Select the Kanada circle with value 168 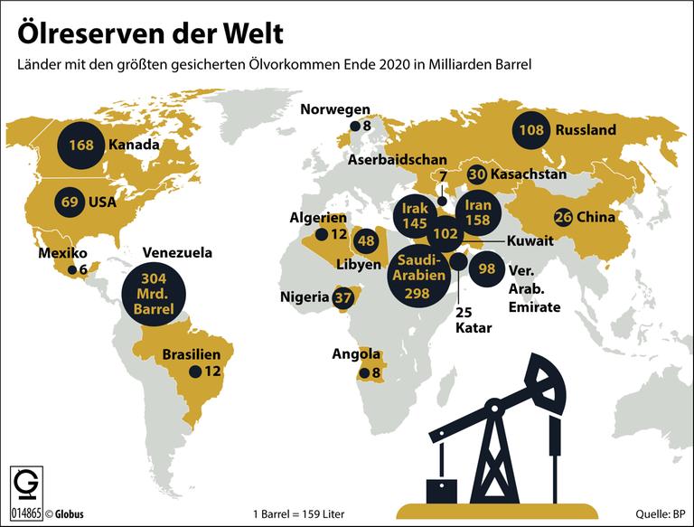[80, 145]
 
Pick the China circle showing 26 [563, 217]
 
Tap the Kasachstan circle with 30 [478, 174]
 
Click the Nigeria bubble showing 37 [342, 297]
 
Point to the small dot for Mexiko [71, 269]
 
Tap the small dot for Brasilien [193, 372]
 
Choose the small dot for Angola [363, 372]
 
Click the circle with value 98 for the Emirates [487, 269]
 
